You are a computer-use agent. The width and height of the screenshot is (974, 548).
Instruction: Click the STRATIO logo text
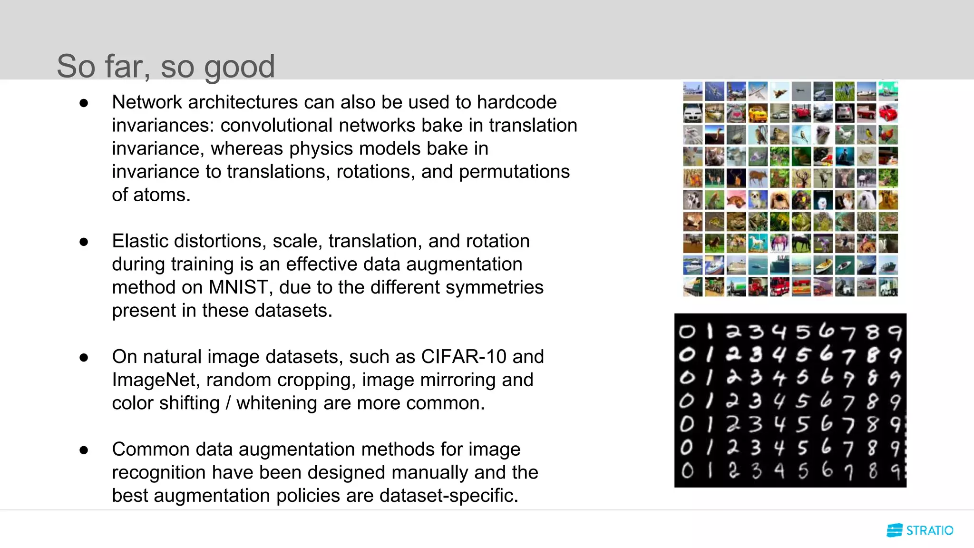(x=929, y=530)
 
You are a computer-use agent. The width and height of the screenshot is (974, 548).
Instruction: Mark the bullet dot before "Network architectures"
(x=84, y=103)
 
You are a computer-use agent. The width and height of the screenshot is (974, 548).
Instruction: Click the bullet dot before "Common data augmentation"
(x=84, y=450)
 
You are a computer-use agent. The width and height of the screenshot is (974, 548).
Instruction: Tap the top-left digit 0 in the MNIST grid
(x=687, y=331)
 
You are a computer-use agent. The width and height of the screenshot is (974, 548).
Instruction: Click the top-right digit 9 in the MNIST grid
(x=895, y=332)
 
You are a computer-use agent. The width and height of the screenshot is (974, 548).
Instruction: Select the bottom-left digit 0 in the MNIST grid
(x=687, y=471)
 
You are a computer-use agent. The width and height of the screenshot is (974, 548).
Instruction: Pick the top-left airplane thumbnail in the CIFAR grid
(x=692, y=91)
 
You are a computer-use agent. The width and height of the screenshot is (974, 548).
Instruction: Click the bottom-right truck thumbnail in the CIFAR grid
(x=888, y=287)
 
